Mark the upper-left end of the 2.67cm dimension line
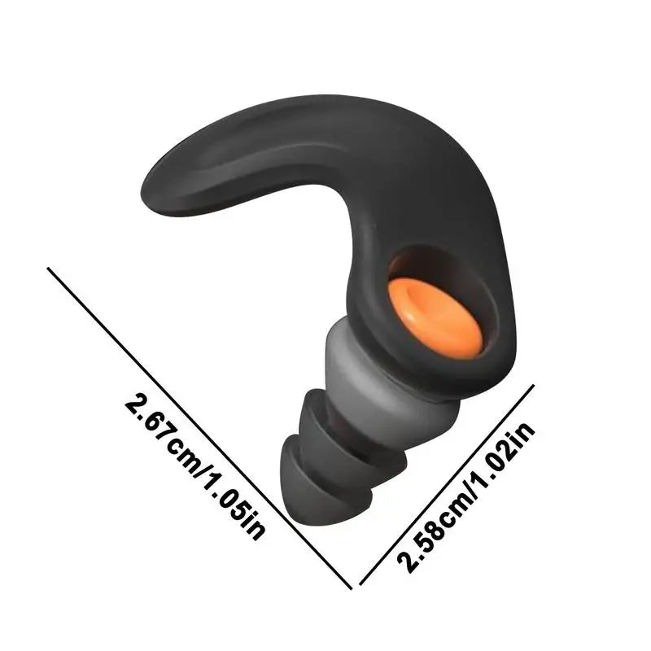click(49, 269)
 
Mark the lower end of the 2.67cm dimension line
click(351, 588)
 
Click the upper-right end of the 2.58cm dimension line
click(534, 385)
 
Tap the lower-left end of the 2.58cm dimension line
click(360, 584)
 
